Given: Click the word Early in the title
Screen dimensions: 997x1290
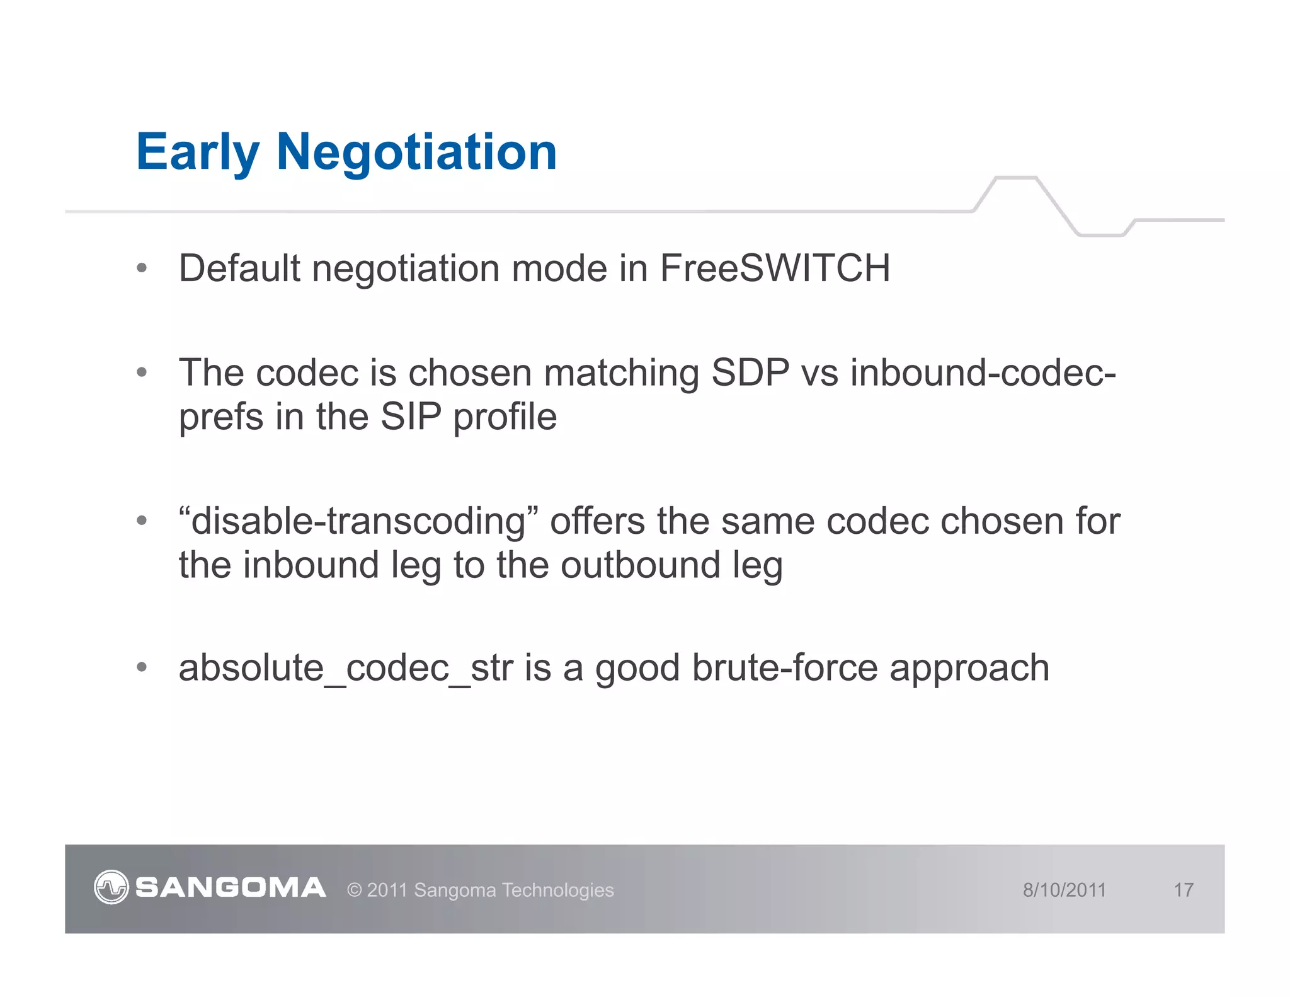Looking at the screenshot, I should click(197, 153).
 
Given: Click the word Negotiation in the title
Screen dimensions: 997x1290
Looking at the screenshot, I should click(416, 153).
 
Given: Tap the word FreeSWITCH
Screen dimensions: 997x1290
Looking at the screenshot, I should click(775, 268).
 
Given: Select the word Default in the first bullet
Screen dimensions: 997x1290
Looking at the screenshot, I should click(239, 268).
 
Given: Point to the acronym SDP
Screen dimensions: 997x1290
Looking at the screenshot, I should click(750, 373).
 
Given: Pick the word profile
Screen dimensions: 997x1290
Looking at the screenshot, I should click(505, 418).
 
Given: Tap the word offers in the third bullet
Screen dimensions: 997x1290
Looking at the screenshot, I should click(598, 522).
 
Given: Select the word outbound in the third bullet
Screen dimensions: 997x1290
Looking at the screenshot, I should click(640, 565).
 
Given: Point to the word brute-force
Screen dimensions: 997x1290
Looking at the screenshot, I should click(785, 668).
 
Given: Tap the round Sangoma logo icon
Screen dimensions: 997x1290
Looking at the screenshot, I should click(111, 887).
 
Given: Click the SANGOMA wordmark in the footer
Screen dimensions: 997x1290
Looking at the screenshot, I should click(231, 888).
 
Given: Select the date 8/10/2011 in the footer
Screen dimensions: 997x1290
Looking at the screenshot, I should click(1064, 890).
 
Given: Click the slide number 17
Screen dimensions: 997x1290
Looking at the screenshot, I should click(1183, 890).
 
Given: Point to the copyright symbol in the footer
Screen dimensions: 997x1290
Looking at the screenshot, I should click(355, 890).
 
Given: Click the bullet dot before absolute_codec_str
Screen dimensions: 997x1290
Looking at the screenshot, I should click(142, 667).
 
